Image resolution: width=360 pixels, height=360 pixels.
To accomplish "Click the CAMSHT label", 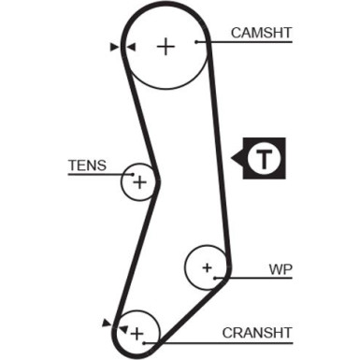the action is pos(261,33).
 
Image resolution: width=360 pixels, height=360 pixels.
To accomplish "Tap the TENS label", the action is pos(87,166).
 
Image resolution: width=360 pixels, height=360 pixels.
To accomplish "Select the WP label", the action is pos(281,269).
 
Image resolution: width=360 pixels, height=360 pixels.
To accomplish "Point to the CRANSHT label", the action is pos(257,333).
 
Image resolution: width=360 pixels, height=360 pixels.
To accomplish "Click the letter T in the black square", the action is pos(264,158).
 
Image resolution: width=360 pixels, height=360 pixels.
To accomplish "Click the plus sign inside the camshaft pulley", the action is pos(166,47).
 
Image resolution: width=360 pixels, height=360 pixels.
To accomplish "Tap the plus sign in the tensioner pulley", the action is pos(139,182).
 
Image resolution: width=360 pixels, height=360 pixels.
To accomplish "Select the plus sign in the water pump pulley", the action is pos(207,267).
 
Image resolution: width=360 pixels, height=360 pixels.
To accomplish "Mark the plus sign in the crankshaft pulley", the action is pos(137,334).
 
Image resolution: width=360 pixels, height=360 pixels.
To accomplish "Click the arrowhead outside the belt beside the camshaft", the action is pos(114,47).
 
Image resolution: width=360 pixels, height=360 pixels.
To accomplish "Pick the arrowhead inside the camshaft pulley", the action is pos(132,47).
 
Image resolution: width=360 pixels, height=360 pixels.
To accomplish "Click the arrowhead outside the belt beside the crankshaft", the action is pos(107,324).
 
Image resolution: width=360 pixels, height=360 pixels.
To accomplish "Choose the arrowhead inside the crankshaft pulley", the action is pos(123,329).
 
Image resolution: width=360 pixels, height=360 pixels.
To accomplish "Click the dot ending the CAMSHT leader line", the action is pos(196,42).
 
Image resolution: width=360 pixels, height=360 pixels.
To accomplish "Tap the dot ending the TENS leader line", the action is pos(133,174).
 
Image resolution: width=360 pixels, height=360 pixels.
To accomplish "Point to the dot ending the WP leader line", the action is pos(215,278).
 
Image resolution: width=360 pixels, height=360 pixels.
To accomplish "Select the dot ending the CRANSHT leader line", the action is pos(144,343).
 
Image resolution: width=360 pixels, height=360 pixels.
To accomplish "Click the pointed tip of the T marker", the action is pos(231,158).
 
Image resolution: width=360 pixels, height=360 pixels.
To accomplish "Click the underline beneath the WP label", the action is pos(253,278).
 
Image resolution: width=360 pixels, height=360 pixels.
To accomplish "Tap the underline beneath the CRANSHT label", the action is pos(218,343).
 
